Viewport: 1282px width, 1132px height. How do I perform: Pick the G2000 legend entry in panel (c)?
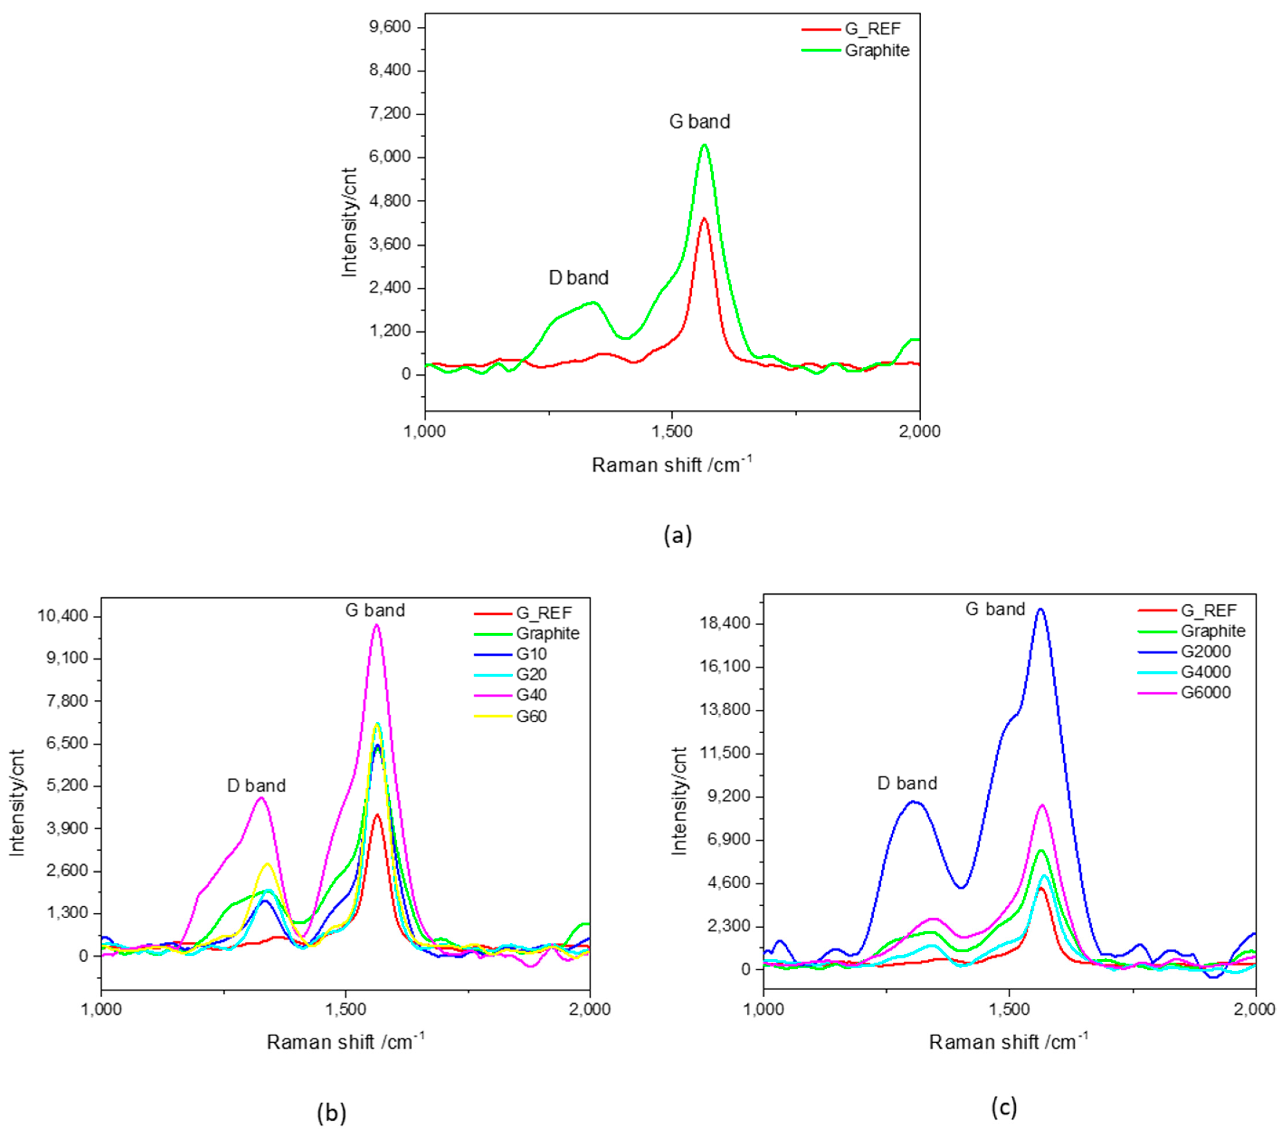1205,652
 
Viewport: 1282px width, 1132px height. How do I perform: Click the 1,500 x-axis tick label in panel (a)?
672,431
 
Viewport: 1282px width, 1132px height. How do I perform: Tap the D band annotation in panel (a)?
578,278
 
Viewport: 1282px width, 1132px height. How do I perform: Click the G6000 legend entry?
1205,692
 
